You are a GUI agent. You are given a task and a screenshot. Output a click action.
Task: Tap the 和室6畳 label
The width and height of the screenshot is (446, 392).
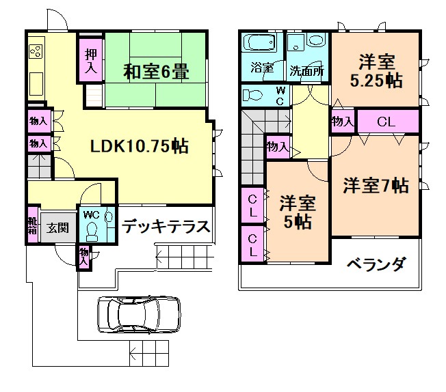156,70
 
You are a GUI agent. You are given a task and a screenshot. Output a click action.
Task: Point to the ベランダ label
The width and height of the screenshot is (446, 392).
376,264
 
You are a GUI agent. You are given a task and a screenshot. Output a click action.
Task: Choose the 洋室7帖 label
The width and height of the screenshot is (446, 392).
376,185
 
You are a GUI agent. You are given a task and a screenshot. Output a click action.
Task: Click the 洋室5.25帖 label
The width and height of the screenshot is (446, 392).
376,70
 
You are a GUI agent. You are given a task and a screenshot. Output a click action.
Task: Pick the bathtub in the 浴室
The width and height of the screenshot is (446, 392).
261,45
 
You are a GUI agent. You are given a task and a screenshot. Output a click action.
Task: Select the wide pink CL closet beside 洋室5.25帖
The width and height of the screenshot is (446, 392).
386,123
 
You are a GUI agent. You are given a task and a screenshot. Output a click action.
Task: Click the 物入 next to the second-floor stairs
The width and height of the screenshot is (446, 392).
277,146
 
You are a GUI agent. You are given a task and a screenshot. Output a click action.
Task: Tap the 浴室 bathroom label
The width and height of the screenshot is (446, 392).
261,69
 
